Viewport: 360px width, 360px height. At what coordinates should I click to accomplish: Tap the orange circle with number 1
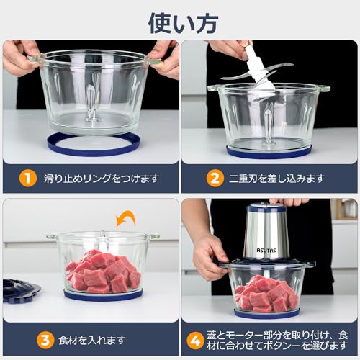[27, 177]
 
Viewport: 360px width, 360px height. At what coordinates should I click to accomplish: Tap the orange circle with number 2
[214, 177]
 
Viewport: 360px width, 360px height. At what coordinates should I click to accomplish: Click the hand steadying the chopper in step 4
[209, 256]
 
